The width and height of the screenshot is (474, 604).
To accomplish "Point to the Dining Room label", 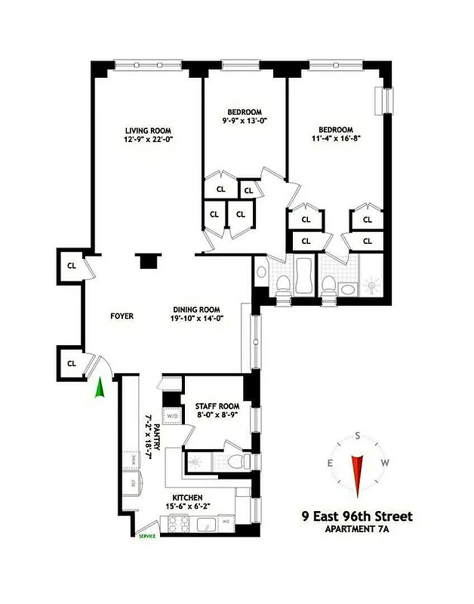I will pyautogui.click(x=195, y=309).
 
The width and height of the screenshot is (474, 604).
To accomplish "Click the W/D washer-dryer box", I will pyautogui.click(x=172, y=415).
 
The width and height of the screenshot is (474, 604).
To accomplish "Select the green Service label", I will pyautogui.click(x=146, y=536).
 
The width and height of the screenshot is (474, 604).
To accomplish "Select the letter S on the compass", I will pyautogui.click(x=357, y=435).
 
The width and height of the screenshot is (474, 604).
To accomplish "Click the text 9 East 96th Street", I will pyautogui.click(x=355, y=516).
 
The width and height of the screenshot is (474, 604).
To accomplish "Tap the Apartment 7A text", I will pyautogui.click(x=356, y=529).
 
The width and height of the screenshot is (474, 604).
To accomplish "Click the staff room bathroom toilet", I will pyautogui.click(x=235, y=461).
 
